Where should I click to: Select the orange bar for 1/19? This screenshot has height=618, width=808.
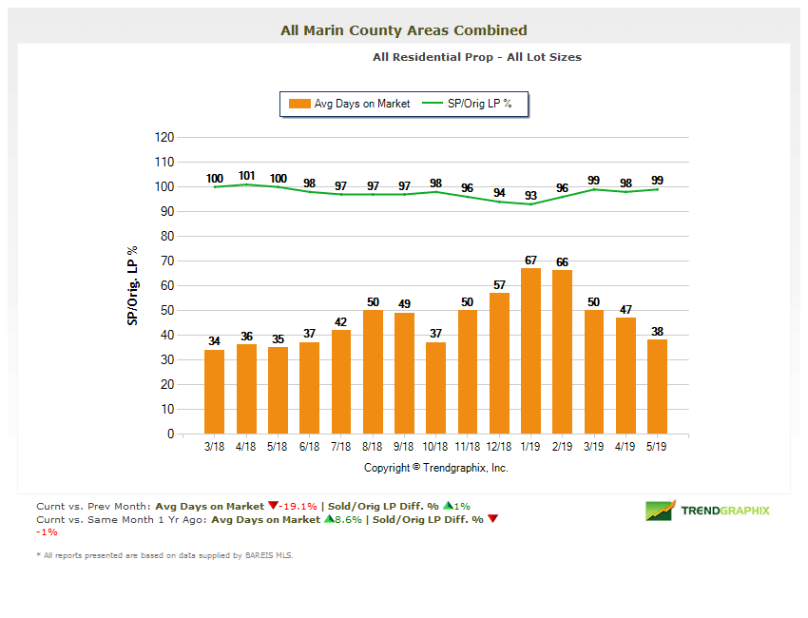tap(530, 351)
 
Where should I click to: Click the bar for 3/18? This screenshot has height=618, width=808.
tap(215, 392)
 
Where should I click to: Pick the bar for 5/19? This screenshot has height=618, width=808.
tap(657, 387)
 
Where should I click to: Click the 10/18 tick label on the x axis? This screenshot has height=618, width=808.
tap(436, 444)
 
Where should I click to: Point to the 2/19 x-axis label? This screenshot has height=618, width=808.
tap(563, 444)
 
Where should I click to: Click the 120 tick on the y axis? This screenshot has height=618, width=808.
tap(164, 137)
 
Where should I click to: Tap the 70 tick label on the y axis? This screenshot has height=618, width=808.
tap(166, 261)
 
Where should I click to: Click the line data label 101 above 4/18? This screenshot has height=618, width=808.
tap(246, 176)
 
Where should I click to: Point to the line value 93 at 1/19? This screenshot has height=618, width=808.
tap(530, 195)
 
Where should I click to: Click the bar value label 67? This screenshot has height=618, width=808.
tap(530, 261)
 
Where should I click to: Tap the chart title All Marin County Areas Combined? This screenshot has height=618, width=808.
tap(404, 30)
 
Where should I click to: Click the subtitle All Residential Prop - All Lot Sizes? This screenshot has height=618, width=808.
tap(477, 57)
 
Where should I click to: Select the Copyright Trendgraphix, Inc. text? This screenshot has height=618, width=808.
tap(436, 468)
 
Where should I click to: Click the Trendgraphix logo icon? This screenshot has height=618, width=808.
tap(660, 511)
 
